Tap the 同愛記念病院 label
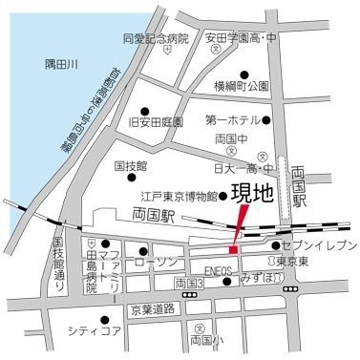pyautogui.click(x=157, y=39)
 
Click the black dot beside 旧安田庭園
pyautogui.click(x=145, y=110)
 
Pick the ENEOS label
pyautogui.click(x=219, y=270)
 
